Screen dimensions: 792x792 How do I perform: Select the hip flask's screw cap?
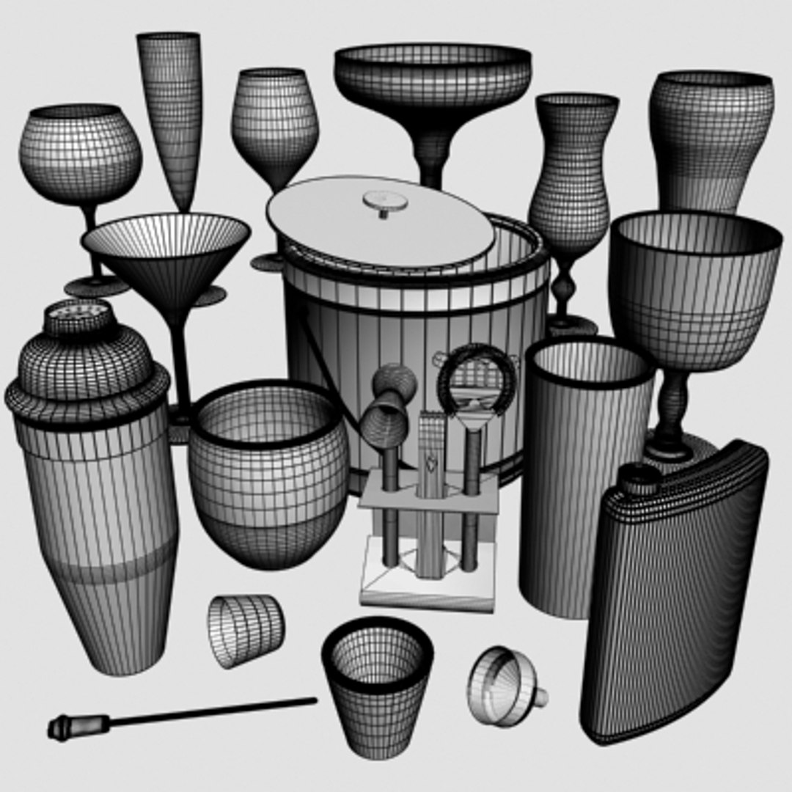641,478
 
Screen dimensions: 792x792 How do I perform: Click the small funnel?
505,686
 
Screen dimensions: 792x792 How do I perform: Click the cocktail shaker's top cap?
78,317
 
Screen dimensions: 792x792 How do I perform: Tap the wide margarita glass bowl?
433,81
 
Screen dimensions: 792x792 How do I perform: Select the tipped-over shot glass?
246,629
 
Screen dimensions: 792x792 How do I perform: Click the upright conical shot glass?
377,682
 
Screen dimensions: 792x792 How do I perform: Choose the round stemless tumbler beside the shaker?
268,473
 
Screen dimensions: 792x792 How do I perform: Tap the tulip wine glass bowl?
275,125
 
